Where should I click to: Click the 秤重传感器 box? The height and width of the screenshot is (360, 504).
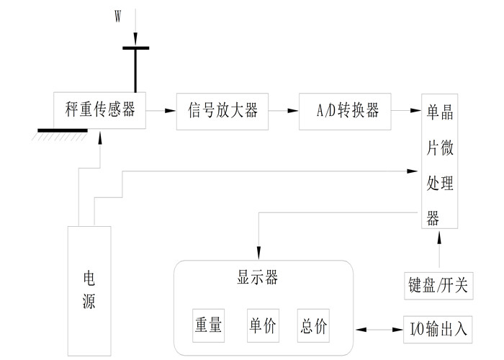pyautogui.click(x=100, y=111)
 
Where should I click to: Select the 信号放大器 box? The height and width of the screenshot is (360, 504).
pyautogui.click(x=223, y=111)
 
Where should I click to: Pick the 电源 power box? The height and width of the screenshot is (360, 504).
pyautogui.click(x=89, y=289)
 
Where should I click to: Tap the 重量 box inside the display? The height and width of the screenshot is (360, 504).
pyautogui.click(x=207, y=325)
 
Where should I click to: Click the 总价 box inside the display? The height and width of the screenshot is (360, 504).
pyautogui.click(x=312, y=325)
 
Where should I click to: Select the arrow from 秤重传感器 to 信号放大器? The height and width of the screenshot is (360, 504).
pyautogui.click(x=161, y=111)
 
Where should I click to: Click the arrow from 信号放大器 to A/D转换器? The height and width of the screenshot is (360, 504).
pyautogui.click(x=284, y=111)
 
